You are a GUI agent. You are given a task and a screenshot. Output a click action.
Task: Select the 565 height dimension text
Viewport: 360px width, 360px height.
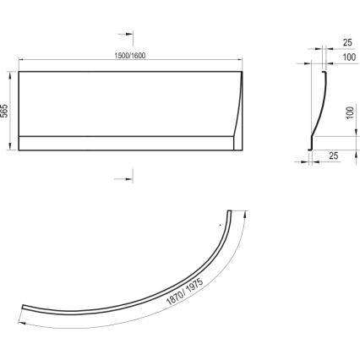[x=6, y=112]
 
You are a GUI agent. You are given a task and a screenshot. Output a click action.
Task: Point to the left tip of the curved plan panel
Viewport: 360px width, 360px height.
[x=24, y=308]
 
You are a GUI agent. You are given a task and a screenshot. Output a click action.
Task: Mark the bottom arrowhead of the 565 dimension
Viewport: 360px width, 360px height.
[x=13, y=150]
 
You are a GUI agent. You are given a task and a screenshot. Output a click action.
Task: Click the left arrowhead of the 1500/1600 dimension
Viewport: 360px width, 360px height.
[x=21, y=61]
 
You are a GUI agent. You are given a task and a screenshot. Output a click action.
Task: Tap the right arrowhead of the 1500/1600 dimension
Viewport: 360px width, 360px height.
[x=242, y=61]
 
